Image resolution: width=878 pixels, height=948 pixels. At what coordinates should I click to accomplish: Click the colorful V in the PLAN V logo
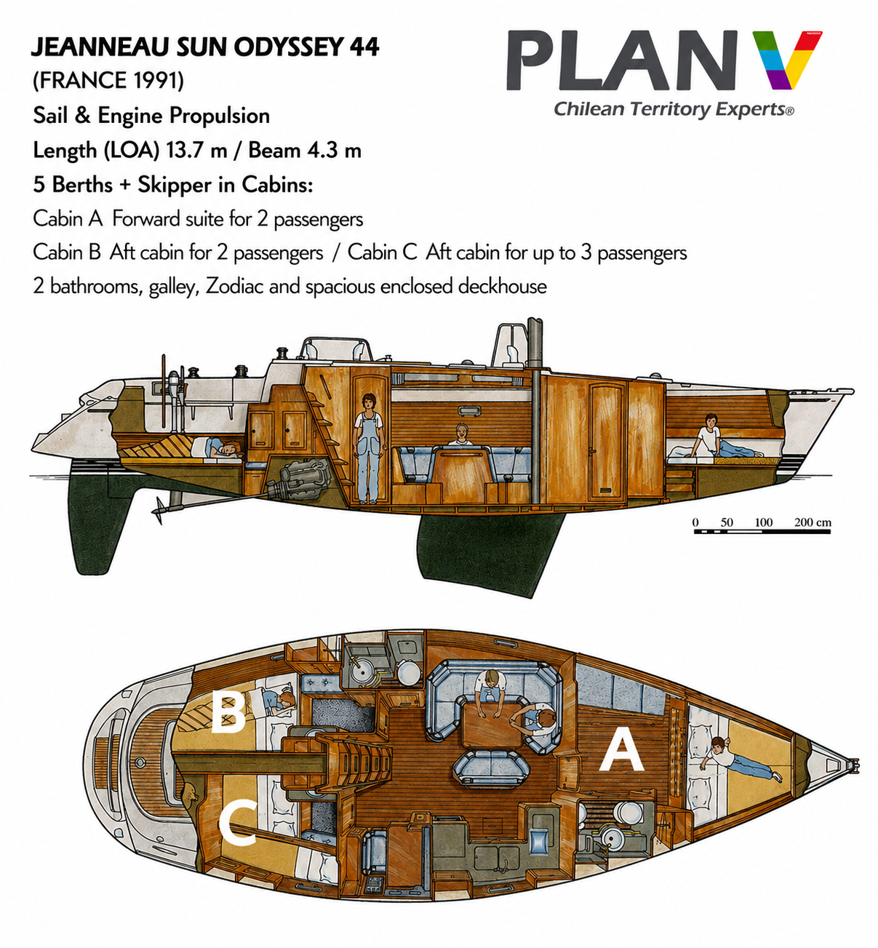point(787,60)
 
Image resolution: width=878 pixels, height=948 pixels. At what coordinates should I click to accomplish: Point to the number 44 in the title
point(364,47)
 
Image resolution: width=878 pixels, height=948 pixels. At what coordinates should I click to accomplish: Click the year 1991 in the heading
point(155,80)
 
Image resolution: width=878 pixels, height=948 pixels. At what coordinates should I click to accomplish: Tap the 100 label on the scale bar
point(763,522)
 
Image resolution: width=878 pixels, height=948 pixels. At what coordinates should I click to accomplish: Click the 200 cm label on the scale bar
point(813,522)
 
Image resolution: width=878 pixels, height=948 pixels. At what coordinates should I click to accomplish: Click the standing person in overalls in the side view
point(369,448)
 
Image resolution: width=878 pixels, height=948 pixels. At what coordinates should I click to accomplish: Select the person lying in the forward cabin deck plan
point(740,760)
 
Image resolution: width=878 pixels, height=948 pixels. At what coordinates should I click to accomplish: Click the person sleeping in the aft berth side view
point(217,449)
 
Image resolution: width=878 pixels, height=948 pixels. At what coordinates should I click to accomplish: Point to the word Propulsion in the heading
point(220,116)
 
